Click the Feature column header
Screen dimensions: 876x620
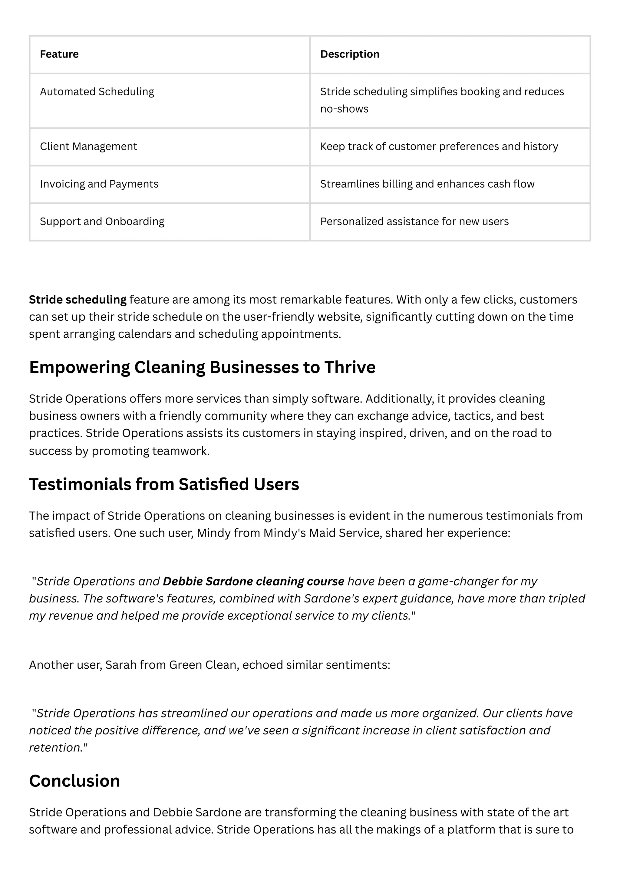(59, 54)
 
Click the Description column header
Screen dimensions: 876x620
(349, 54)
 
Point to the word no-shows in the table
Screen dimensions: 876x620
(344, 109)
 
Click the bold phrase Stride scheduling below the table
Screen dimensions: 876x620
(77, 300)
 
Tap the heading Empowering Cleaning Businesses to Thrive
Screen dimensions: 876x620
(202, 367)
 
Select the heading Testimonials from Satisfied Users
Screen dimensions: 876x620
(164, 484)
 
